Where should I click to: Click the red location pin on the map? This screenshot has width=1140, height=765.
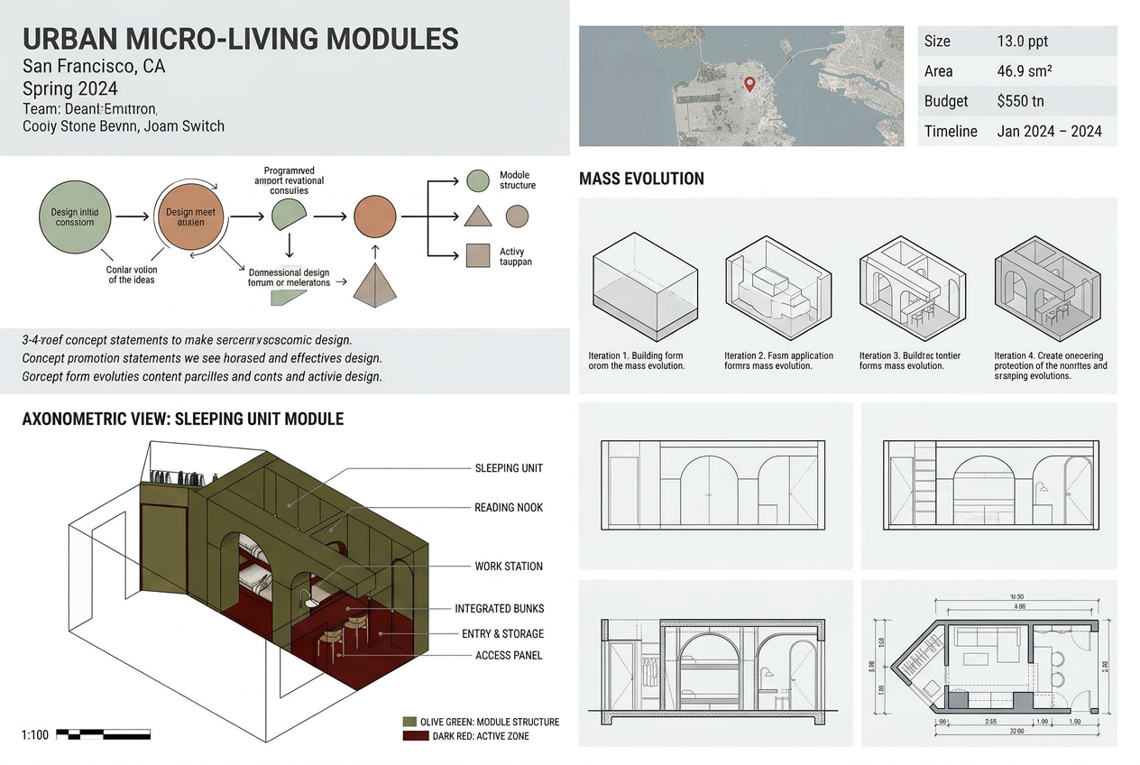[749, 84]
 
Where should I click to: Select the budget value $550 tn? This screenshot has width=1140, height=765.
[1020, 101]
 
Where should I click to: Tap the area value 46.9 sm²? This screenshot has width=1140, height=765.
[1025, 71]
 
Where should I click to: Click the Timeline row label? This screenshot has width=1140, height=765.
[950, 131]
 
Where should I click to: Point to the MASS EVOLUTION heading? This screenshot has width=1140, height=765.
[641, 179]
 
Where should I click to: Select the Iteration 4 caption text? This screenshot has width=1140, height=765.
[1049, 365]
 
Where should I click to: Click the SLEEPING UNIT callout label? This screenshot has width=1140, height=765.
[509, 468]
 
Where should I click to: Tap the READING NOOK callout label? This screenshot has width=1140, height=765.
[509, 508]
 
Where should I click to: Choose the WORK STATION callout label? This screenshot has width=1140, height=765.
[509, 567]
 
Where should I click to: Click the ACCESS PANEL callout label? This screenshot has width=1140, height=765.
[509, 655]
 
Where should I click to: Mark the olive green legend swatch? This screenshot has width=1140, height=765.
[409, 722]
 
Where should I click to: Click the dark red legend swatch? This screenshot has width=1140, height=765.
[409, 736]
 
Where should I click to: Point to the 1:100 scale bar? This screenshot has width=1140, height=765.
[103, 734]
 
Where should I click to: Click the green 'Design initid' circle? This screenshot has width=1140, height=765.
[75, 217]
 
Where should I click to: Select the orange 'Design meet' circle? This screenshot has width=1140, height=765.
[191, 217]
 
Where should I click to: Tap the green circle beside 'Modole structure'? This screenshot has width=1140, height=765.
[478, 180]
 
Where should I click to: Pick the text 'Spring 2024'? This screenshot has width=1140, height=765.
[70, 88]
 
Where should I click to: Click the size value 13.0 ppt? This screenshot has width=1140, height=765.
[1022, 41]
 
